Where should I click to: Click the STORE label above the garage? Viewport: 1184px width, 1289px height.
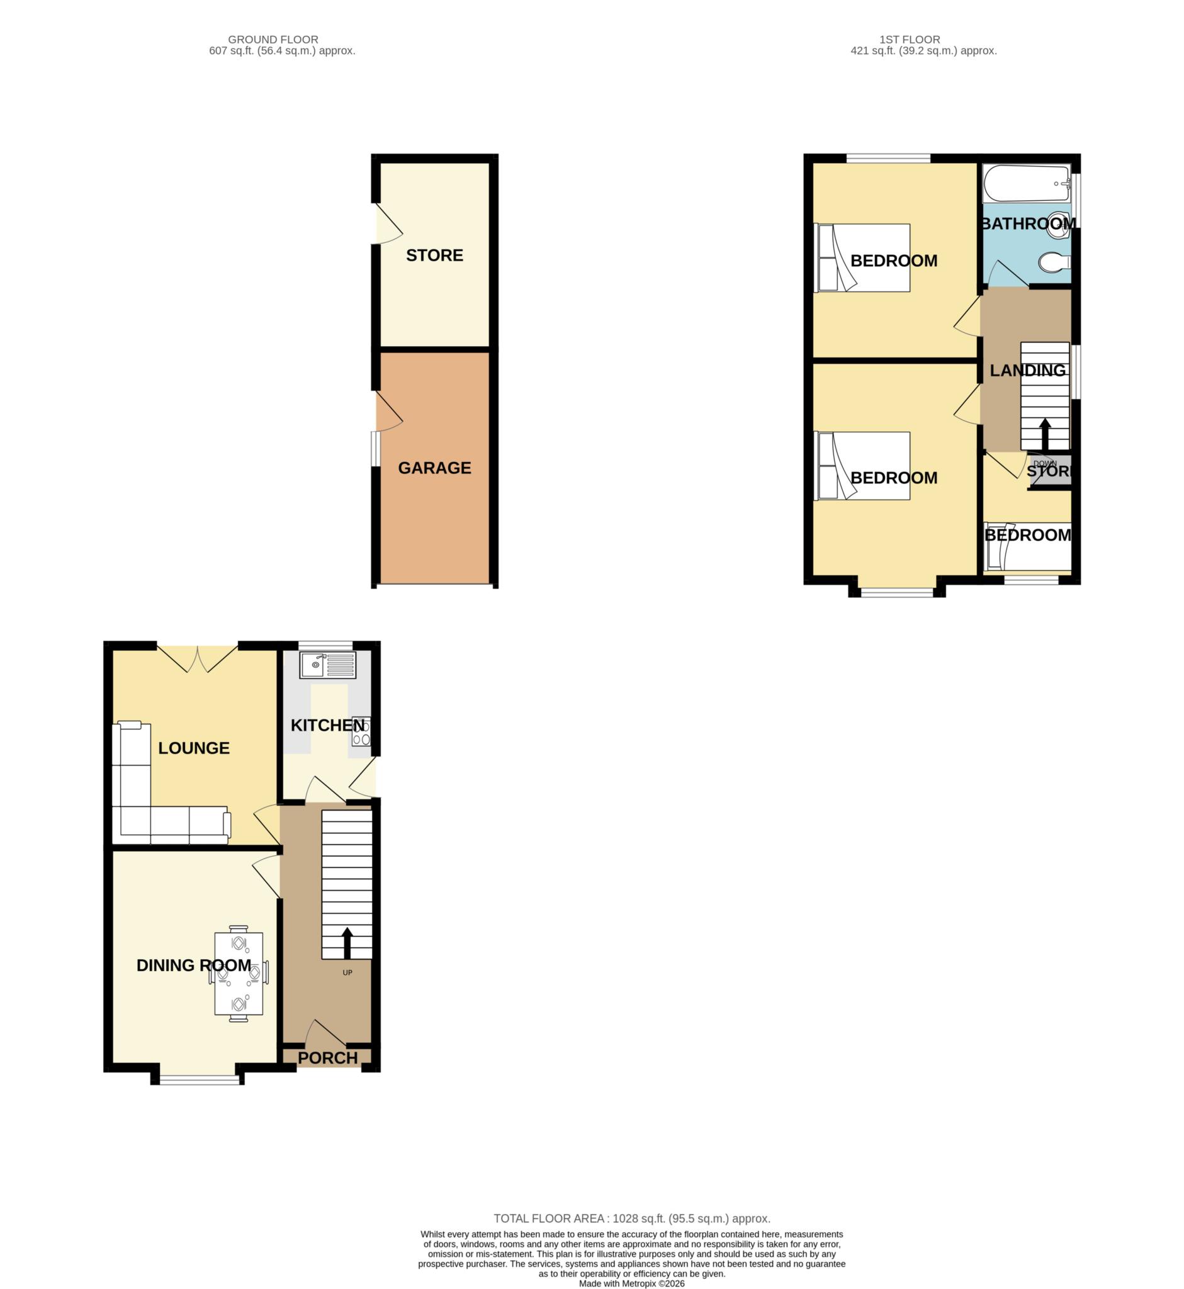click(434, 255)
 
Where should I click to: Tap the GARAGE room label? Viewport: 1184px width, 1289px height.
click(434, 468)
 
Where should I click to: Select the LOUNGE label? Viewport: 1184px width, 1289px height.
click(193, 748)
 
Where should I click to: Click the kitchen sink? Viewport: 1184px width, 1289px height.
click(327, 665)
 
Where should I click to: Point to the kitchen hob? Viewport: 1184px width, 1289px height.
click(361, 731)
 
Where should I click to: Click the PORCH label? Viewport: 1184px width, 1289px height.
click(327, 1058)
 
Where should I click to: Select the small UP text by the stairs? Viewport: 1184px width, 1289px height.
click(347, 972)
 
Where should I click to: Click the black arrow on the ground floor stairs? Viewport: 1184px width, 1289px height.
click(347, 942)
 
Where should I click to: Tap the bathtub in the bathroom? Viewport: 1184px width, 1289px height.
click(1027, 184)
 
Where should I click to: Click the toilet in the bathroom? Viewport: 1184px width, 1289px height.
click(1054, 262)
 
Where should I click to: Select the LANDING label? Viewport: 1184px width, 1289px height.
click(1028, 370)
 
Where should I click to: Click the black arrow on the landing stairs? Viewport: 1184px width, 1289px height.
click(1044, 434)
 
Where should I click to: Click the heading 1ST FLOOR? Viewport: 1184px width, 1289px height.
click(910, 40)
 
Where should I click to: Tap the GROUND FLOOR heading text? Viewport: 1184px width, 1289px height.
click(273, 40)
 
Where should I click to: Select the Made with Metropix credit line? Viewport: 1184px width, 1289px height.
click(632, 1284)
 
